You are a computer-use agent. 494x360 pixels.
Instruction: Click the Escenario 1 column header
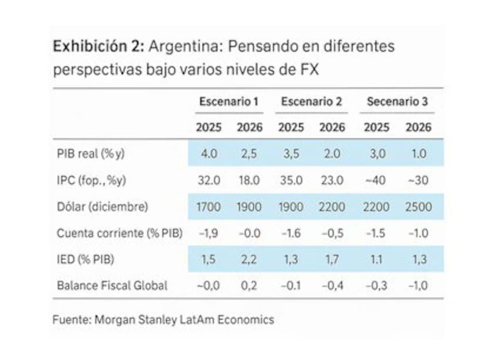click(228, 102)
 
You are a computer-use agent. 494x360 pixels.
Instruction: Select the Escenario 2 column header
click(311, 102)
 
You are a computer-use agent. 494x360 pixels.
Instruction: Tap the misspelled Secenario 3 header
click(397, 102)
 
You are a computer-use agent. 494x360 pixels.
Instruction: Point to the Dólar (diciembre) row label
click(102, 207)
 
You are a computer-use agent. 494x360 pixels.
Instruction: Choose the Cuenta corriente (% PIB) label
click(120, 233)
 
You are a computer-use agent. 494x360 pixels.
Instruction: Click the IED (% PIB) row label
click(85, 259)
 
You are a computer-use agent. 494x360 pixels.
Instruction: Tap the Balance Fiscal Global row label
click(112, 285)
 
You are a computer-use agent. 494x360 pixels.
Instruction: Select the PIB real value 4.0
click(209, 154)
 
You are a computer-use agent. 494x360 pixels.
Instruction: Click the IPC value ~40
click(376, 181)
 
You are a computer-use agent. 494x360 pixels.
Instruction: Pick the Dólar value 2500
click(418, 207)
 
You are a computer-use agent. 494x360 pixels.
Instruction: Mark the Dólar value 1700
click(209, 207)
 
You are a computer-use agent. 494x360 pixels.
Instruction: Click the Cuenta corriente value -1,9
click(209, 233)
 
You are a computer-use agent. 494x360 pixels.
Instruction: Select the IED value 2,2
click(250, 259)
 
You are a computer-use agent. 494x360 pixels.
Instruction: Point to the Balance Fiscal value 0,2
click(250, 285)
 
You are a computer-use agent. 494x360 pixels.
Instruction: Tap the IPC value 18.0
click(250, 181)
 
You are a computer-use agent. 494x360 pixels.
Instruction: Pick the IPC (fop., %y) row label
click(92, 181)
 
